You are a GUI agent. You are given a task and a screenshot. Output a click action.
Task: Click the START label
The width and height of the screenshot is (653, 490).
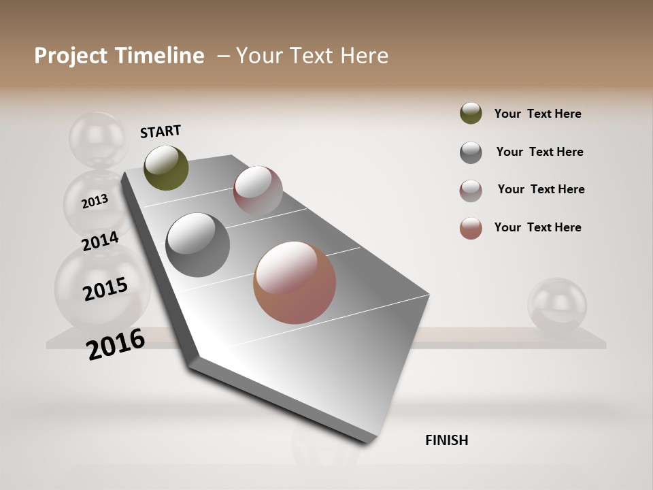coord(161,131)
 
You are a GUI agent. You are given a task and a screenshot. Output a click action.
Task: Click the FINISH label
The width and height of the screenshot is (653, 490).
coord(446,440)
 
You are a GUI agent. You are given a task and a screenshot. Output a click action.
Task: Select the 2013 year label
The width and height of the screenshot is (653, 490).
coord(95,201)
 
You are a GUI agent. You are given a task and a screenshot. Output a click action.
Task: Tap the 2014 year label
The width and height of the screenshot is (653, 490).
coord(100,241)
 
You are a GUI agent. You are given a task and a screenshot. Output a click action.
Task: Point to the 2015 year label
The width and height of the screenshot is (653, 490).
coord(105,289)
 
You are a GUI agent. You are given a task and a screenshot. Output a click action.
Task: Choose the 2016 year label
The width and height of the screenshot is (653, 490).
coord(116,344)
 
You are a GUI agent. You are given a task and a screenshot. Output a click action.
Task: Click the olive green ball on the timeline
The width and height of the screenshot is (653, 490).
coord(166,167)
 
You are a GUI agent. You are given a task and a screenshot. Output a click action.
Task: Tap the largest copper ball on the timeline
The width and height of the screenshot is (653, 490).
coord(295,282)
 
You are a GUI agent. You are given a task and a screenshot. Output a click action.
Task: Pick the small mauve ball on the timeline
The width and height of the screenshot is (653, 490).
coord(258,190)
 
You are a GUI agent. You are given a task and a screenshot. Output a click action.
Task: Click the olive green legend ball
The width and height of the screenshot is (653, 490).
coord(471,113)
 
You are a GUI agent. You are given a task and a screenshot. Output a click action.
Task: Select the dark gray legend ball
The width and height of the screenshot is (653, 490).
coord(471,152)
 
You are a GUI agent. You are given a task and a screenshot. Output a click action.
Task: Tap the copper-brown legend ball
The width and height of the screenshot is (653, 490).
coord(471,228)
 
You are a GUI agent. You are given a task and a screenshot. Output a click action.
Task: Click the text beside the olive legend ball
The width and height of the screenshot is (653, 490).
coord(537,114)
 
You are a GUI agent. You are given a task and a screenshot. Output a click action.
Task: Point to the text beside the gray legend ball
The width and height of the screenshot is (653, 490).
coord(539,152)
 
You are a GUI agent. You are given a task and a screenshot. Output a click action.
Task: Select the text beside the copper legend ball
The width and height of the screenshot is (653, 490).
coord(537,227)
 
